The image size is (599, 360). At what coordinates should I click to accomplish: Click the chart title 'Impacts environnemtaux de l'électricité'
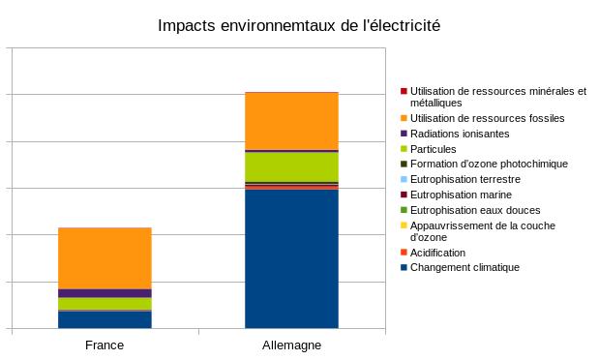pos(299,25)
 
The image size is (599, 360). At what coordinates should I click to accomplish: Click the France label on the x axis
pos(105,345)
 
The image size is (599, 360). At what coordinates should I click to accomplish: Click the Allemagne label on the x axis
pos(291,345)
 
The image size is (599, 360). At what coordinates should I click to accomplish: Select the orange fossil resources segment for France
pos(105,257)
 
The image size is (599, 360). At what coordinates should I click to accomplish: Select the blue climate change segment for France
pos(105,319)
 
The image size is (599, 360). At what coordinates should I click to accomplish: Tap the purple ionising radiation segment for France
pos(105,293)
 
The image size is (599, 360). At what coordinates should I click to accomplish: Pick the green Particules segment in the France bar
pos(105,303)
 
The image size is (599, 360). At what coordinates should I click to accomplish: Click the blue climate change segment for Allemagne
pos(291,259)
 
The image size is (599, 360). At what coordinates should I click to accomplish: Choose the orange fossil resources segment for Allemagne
pos(291,121)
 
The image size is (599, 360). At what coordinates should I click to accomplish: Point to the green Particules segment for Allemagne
pos(291,166)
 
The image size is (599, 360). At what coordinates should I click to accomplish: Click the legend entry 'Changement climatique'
pos(464,267)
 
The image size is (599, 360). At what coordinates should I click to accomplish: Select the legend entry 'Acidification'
pos(437,253)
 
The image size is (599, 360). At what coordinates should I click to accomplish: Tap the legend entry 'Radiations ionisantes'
pos(459,134)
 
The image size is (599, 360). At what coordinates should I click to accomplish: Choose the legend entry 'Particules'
pos(433,149)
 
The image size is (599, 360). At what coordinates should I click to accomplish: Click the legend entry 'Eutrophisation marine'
pos(461,195)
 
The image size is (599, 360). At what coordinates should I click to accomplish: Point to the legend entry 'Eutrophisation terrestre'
pos(464,179)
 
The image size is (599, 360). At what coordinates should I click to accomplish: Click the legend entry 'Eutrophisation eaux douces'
pos(474,210)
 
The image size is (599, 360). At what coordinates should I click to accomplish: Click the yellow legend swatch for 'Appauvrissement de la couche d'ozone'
pos(404,225)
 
